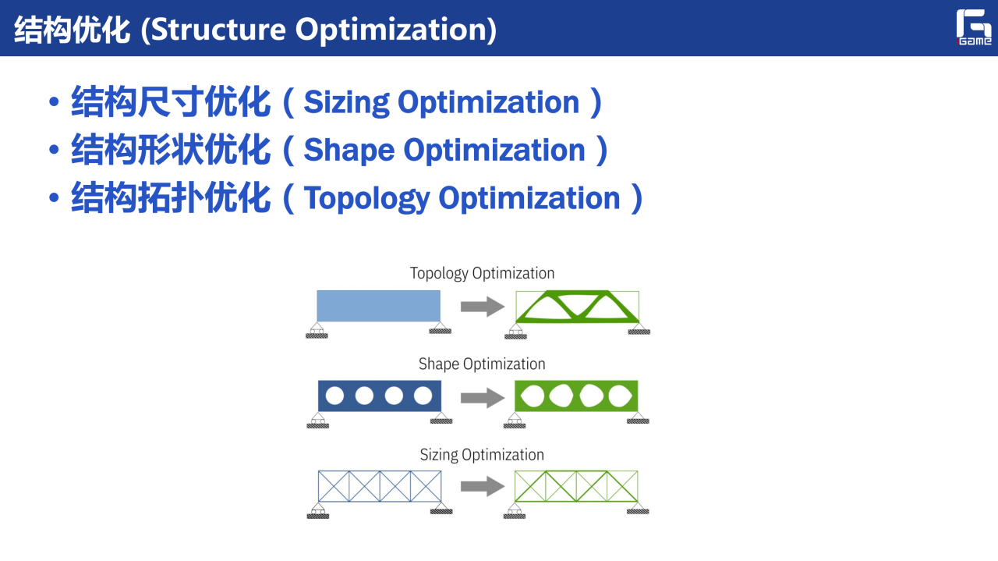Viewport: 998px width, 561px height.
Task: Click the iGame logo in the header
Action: pos(974,28)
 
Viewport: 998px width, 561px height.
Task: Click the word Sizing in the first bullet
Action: pos(342,103)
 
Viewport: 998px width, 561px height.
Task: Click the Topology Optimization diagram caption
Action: pos(482,273)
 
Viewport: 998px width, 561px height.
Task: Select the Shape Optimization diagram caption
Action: pos(482,364)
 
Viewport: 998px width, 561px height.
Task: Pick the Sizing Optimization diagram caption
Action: pos(482,454)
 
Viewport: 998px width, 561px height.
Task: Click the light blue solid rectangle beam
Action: pos(378,306)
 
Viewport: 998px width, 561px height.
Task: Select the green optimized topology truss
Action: pos(576,306)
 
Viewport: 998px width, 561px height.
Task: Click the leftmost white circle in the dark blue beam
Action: pos(334,396)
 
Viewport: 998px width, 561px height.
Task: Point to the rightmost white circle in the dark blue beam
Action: pos(423,396)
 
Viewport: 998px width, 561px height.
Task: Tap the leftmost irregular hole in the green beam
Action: pos(533,396)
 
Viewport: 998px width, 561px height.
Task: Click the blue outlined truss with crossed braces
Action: pos(380,486)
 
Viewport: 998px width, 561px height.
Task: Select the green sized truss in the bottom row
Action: pos(576,486)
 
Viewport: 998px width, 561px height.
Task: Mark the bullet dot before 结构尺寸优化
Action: pos(53,103)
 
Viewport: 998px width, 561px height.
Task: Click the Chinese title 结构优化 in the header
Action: pos(71,30)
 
